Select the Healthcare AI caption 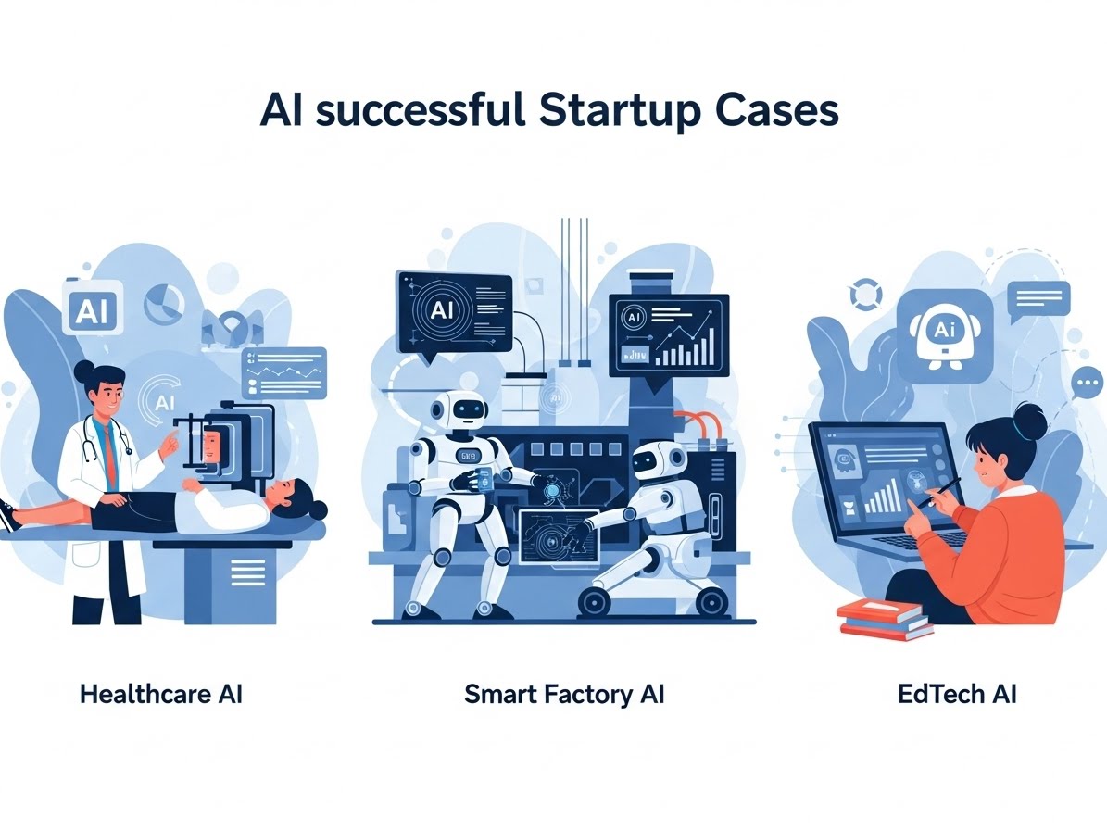coord(161,694)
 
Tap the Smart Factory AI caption coord(564,694)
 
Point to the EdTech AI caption coord(957,694)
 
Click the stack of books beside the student coord(884,618)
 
